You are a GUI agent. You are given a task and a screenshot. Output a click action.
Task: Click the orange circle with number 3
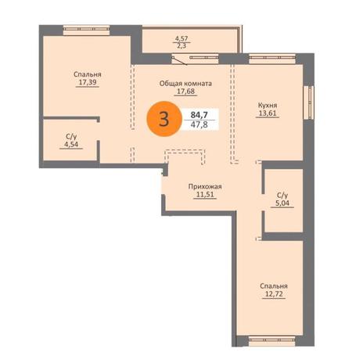[x=164, y=119]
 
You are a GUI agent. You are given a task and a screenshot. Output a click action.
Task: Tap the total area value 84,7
[x=199, y=114]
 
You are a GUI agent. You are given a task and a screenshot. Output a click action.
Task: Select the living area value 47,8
[x=199, y=124]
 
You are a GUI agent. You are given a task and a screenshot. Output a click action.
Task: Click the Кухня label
[x=268, y=106]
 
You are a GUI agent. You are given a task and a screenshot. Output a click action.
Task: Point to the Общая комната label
[x=185, y=84]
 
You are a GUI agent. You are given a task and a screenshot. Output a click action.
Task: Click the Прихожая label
[x=205, y=186]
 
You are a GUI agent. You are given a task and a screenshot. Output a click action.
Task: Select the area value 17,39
[x=88, y=82]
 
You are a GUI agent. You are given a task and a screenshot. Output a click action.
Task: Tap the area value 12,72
[x=274, y=294]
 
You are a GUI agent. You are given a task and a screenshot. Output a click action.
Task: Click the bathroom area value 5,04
[x=282, y=203]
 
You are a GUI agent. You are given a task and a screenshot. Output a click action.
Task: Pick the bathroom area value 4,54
[x=71, y=145]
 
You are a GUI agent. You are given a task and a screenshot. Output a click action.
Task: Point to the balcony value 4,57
[x=181, y=38]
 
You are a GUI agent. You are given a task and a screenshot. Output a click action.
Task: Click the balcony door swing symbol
[x=180, y=60]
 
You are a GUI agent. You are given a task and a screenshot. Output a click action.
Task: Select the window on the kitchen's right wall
[x=308, y=102]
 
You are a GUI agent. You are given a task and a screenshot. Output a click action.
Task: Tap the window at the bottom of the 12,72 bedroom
[x=272, y=341]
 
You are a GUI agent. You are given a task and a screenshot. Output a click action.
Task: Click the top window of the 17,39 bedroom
[x=86, y=30]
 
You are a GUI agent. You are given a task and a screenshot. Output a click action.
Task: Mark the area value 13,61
[x=268, y=113]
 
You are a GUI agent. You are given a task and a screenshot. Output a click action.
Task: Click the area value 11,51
[x=205, y=195]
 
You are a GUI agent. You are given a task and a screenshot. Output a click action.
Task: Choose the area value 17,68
[x=185, y=92]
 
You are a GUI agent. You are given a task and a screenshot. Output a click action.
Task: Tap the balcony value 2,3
[x=181, y=46]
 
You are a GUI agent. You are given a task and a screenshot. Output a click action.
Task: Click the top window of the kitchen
[x=272, y=59]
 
